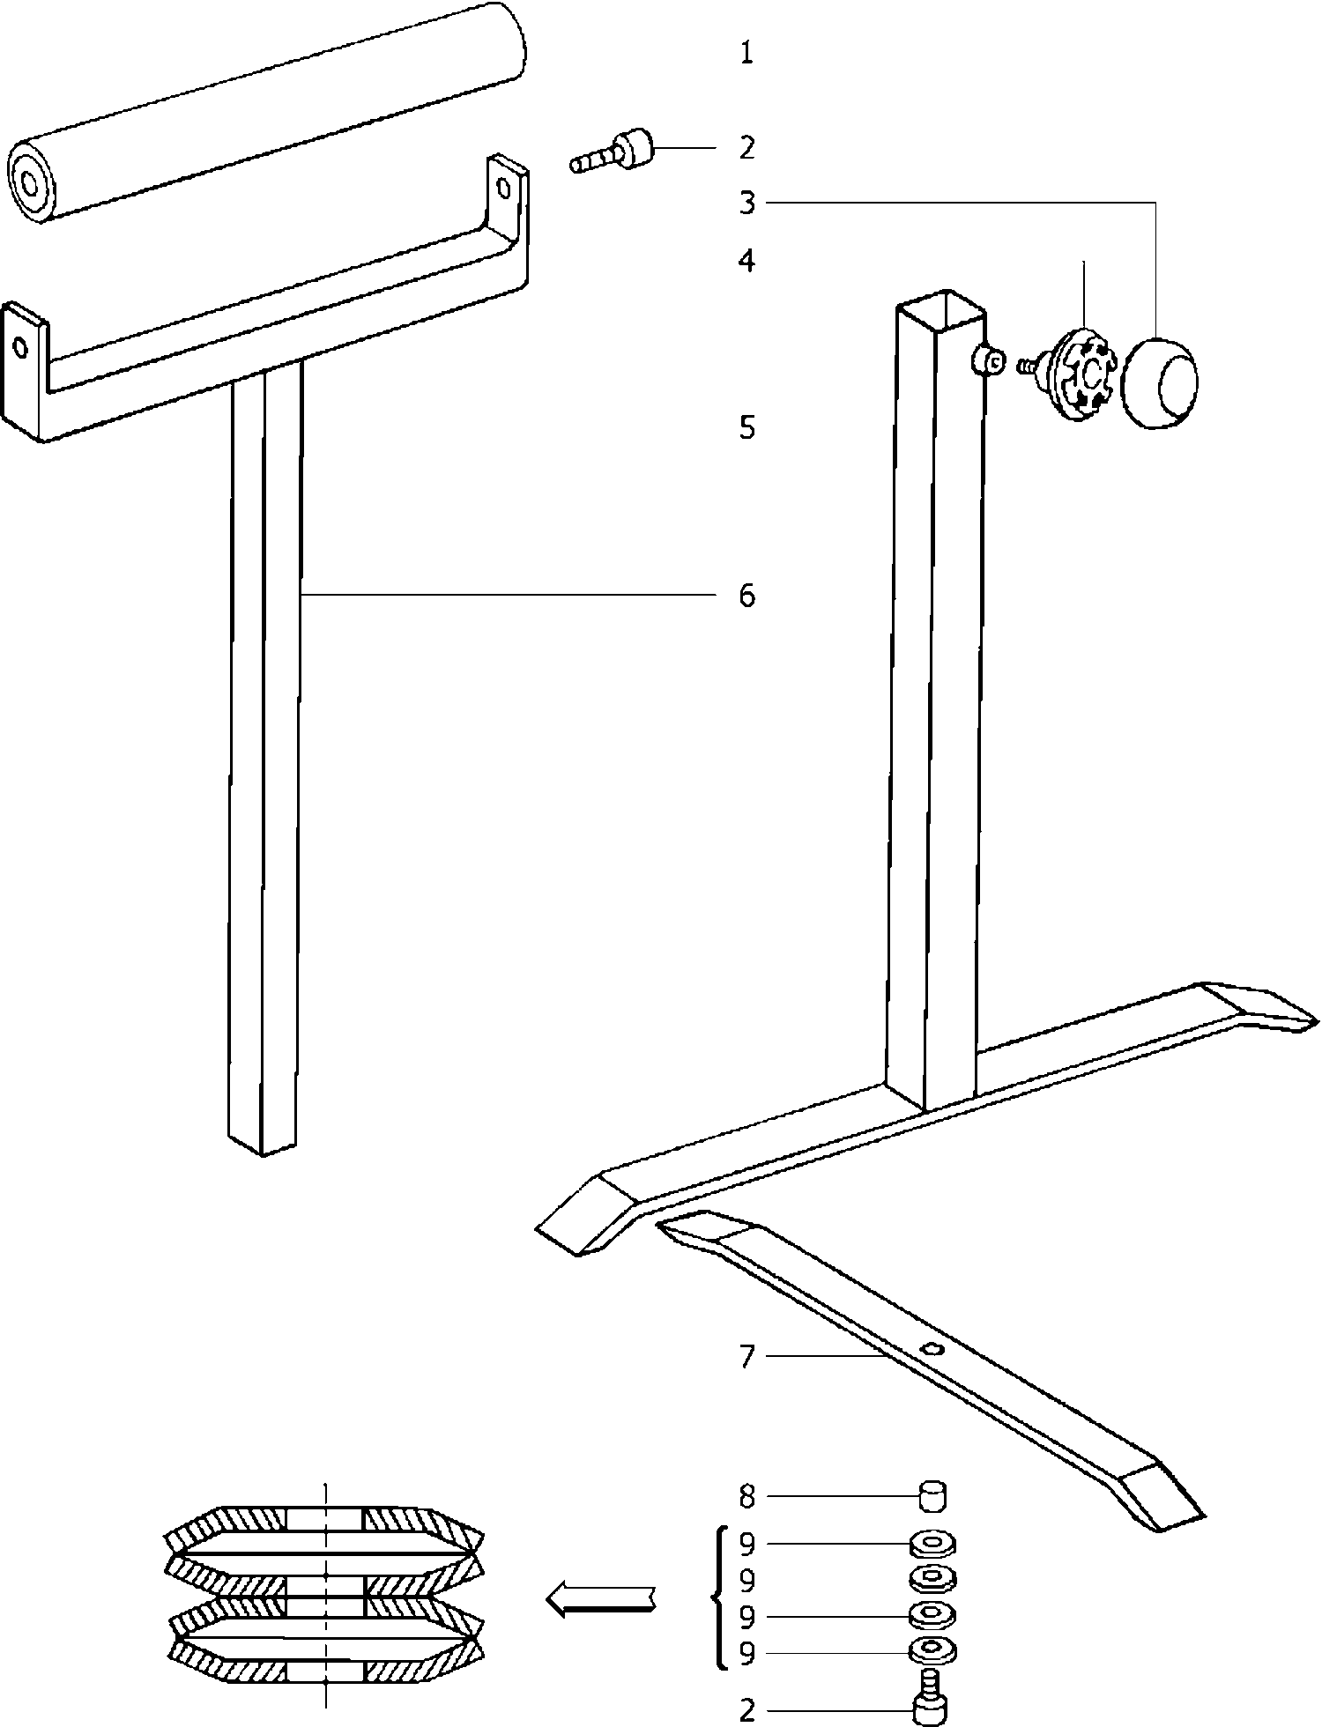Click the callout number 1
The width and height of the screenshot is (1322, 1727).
click(x=746, y=55)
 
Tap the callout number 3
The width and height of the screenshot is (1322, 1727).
click(x=747, y=204)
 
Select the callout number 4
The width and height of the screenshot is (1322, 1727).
click(x=747, y=261)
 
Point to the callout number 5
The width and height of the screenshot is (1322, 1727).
click(x=747, y=429)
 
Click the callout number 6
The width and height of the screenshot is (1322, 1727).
click(x=747, y=597)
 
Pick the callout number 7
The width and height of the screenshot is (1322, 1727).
click(x=747, y=1357)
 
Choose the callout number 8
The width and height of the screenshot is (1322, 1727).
click(x=747, y=1495)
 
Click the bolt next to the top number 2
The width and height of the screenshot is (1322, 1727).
click(x=611, y=152)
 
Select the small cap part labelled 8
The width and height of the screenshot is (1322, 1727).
click(x=932, y=1495)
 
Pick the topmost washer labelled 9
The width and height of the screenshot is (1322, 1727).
click(x=932, y=1545)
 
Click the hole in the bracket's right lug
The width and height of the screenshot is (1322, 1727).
click(x=505, y=186)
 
